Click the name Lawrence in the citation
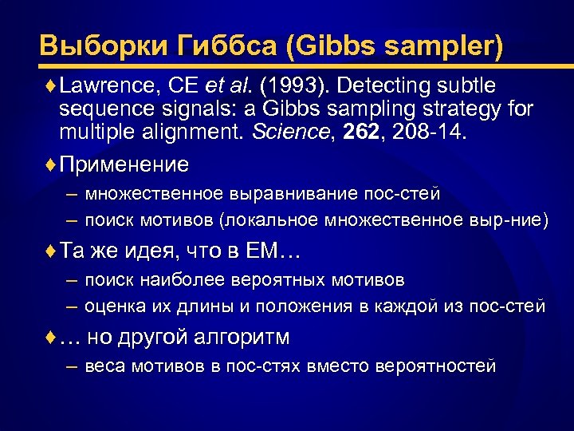(x=98, y=85)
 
